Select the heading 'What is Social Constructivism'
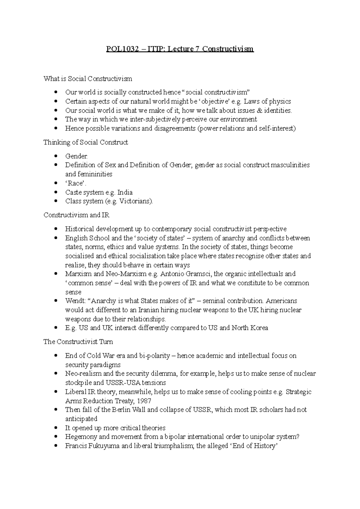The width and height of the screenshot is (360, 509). click(88, 79)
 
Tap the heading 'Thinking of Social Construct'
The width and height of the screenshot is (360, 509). click(85, 142)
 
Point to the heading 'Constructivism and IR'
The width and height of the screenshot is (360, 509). click(76, 215)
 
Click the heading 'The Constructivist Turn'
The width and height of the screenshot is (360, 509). click(78, 342)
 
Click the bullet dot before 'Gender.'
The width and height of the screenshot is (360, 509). click(55, 156)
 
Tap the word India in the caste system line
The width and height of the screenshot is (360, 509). click(125, 192)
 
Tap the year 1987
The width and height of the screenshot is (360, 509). click(144, 401)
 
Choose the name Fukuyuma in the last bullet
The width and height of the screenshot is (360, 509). click(104, 446)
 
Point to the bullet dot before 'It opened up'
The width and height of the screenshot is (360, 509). click(55, 428)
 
